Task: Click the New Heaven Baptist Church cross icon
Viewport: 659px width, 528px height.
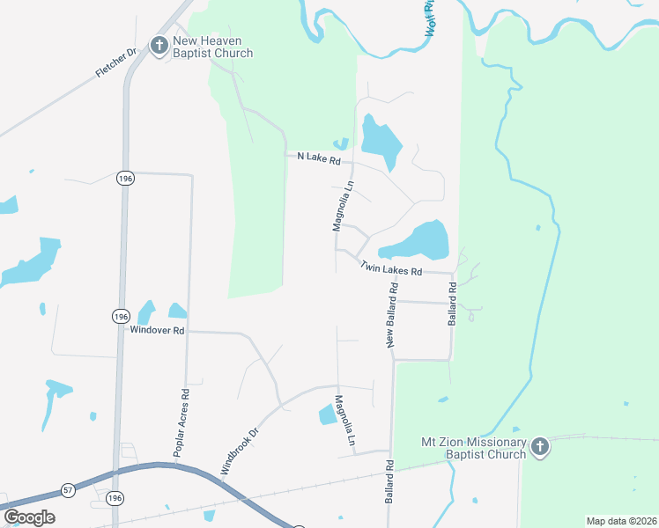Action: [x=159, y=46]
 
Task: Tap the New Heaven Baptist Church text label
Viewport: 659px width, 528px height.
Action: [x=213, y=47]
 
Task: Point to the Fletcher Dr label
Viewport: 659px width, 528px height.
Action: [x=117, y=65]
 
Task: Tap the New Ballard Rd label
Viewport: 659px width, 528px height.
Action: [x=393, y=314]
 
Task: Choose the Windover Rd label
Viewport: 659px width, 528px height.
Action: [x=157, y=331]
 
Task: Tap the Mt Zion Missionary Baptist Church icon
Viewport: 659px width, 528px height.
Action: [x=540, y=448]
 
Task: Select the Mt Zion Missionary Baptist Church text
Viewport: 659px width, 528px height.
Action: [x=473, y=448]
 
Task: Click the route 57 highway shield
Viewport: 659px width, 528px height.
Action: [x=68, y=488]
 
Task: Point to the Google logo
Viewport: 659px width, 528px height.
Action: [x=29, y=517]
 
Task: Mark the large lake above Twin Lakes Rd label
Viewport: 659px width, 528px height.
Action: [x=422, y=239]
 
